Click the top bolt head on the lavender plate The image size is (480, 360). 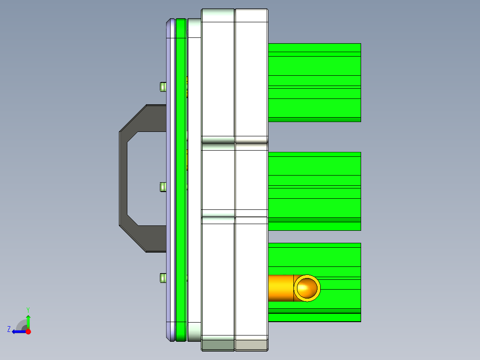coord(163,86)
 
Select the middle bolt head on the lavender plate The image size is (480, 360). coord(163,187)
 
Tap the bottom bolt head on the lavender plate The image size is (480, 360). coord(163,278)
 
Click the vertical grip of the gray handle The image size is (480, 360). coord(123,178)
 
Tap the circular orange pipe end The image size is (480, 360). coord(307,288)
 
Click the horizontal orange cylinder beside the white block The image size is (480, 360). coord(281,288)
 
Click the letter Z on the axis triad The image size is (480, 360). coord(9,329)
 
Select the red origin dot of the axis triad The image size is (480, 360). coord(28,331)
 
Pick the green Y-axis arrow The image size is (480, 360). coord(28,321)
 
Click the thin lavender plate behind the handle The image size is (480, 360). coord(171,178)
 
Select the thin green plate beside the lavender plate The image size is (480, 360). coord(180,178)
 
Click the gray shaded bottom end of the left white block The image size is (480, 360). coord(218,344)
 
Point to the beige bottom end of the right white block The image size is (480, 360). coord(252,345)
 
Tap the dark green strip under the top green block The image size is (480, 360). coord(314,119)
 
